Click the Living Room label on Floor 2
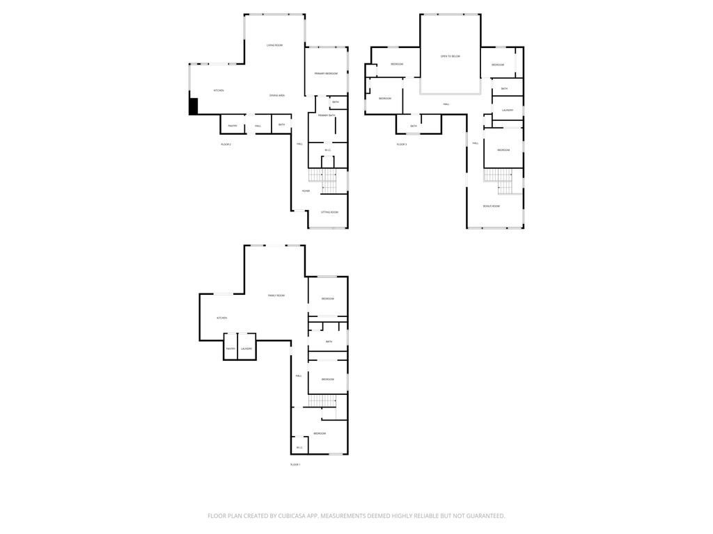tap(274, 45)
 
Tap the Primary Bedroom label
tap(326, 74)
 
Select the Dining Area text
tap(277, 95)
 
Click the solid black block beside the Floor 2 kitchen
tap(194, 106)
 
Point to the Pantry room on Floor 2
tap(233, 126)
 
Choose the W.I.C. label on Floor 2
tap(327, 151)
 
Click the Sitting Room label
tap(329, 212)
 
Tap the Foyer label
tap(306, 191)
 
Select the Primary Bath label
tap(327, 115)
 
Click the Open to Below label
tap(450, 56)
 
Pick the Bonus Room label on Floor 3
tap(492, 207)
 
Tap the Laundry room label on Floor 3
tap(507, 110)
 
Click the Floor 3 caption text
tap(402, 145)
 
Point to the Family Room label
tap(276, 296)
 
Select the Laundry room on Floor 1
tap(246, 348)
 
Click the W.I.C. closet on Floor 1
tap(299, 448)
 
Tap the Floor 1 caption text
tap(295, 464)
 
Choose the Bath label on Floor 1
tap(329, 341)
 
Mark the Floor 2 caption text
tap(226, 145)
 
